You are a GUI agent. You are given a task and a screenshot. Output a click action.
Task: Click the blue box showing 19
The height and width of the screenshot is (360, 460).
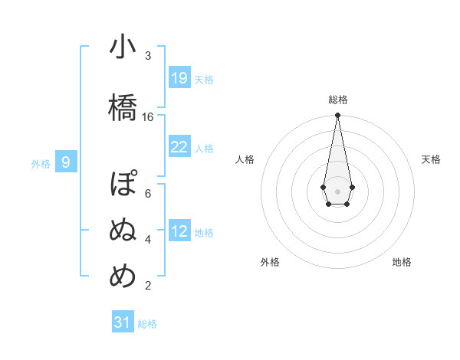(x=179, y=78)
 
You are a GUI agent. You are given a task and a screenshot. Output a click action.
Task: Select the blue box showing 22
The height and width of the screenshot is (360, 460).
(x=179, y=147)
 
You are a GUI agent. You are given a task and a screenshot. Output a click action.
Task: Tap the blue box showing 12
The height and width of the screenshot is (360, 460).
(x=179, y=231)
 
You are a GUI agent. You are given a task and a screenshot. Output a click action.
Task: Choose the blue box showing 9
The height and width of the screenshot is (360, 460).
(x=66, y=162)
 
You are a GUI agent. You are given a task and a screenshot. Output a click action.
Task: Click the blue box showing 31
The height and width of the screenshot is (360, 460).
(x=123, y=322)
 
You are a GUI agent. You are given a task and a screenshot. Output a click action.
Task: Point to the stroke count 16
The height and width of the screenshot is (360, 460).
(x=148, y=117)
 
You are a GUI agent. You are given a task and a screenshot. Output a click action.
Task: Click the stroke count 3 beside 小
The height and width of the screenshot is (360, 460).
(x=148, y=56)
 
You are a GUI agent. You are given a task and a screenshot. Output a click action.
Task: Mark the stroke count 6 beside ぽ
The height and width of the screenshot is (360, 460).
(x=148, y=193)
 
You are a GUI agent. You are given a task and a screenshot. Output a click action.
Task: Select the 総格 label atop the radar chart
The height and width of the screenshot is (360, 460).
(x=337, y=100)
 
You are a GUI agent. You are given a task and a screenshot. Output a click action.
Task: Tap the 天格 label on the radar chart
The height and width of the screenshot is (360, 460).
(x=431, y=159)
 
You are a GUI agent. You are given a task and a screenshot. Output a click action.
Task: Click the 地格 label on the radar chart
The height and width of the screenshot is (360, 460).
(x=402, y=262)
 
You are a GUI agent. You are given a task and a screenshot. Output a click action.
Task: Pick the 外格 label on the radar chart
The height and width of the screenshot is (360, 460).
(x=270, y=262)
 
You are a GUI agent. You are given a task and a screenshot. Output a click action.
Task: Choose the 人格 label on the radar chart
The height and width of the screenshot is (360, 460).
(x=245, y=159)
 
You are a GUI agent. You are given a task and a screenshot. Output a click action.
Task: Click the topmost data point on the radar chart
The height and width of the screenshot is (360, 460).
(x=337, y=116)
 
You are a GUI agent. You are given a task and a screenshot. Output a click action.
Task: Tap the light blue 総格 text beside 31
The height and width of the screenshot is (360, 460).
(x=147, y=324)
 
